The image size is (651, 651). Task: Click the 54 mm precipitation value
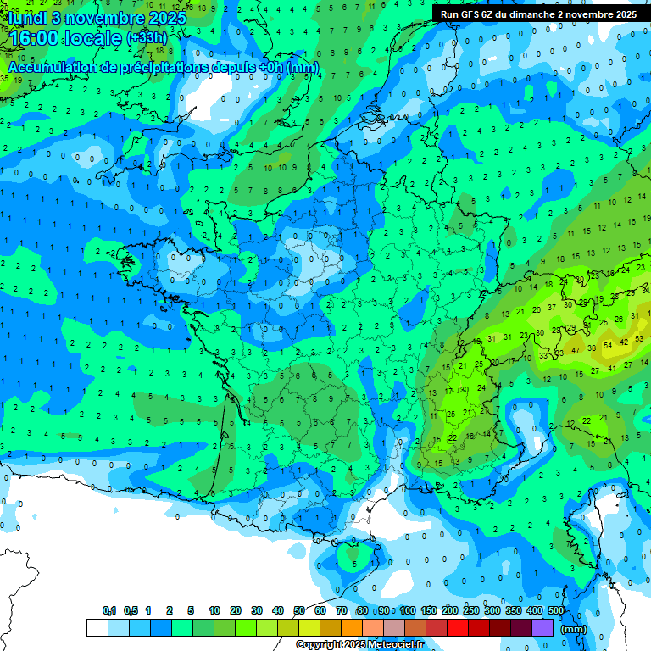608,346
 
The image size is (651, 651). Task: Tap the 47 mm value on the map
576,349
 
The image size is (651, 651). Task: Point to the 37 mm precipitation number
552,307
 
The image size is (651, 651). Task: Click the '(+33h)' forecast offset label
147,39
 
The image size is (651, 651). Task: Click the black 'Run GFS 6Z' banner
538,14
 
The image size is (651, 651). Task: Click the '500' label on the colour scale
555,611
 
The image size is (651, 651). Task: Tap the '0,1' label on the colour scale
108,611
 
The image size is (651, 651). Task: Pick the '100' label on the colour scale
407,611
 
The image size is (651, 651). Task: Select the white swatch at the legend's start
97,627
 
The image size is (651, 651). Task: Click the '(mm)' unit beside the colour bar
574,629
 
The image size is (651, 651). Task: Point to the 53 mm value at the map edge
638,338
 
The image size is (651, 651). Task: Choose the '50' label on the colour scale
299,611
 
